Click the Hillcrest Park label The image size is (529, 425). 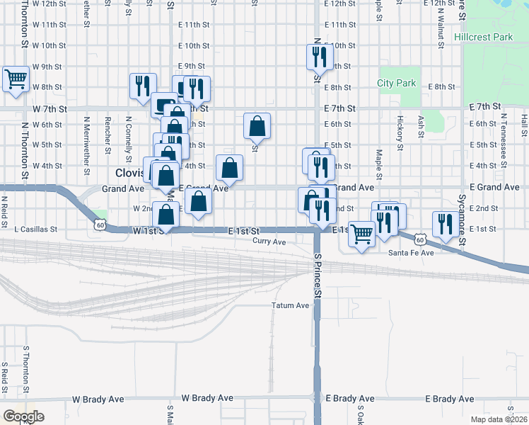[x=482, y=35]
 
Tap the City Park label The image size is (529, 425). [x=397, y=83]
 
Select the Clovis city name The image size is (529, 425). [x=129, y=172]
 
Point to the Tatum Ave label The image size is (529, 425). [x=291, y=306]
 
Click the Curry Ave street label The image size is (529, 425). [x=269, y=242]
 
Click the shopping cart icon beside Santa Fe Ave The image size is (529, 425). [x=362, y=233]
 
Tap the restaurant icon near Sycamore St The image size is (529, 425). [x=445, y=224]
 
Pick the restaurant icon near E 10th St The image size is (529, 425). [x=319, y=56]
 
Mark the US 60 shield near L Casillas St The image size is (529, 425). [x=100, y=225]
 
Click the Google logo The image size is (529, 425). [x=23, y=416]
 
